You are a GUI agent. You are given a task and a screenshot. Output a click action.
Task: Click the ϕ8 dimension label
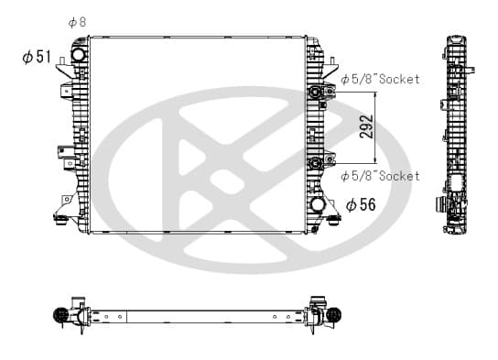pyautogui.click(x=77, y=22)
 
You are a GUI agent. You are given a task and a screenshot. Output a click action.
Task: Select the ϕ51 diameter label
pyautogui.click(x=37, y=57)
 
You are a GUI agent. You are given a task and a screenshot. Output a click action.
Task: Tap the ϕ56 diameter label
pyautogui.click(x=361, y=204)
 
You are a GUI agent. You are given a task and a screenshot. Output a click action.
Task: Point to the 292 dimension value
pyautogui.click(x=366, y=126)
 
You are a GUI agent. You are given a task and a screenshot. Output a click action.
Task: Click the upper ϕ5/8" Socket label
pyautogui.click(x=380, y=79)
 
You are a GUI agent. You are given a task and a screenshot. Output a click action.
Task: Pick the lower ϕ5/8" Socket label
pyautogui.click(x=380, y=176)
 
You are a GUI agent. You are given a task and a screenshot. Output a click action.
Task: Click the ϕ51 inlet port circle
pyautogui.click(x=78, y=54)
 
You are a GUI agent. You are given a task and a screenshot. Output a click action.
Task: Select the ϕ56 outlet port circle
pyautogui.click(x=318, y=204)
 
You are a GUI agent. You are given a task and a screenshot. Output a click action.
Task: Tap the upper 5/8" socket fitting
pyautogui.click(x=317, y=93)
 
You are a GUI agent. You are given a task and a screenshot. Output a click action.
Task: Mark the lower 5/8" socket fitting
pyautogui.click(x=317, y=163)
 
